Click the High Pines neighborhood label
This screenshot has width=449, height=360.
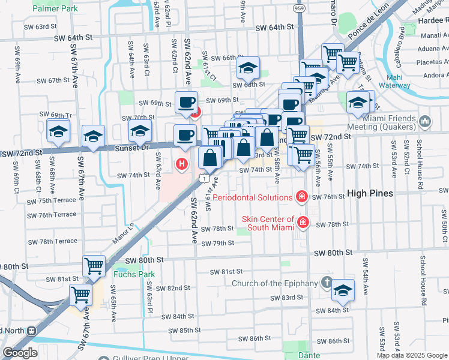coord(370,193)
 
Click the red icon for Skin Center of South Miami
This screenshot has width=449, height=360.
coord(303,223)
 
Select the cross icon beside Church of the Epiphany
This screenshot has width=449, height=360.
coord(326,282)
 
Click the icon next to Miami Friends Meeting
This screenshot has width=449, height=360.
coord(426,122)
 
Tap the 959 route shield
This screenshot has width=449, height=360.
coord(298,9)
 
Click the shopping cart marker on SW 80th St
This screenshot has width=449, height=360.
coord(94,265)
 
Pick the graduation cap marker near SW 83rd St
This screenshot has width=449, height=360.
coord(343,290)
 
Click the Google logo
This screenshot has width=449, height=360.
coord(20,353)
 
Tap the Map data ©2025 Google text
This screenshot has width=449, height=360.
coord(412,355)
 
